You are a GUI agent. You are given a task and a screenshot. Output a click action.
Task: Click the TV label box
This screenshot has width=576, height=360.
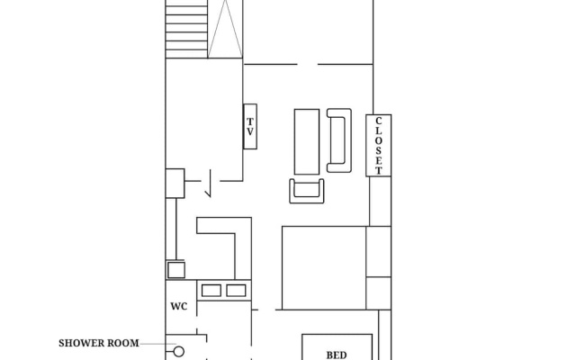point(250,126)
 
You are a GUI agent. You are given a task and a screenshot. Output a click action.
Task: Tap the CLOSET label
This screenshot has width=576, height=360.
point(378,146)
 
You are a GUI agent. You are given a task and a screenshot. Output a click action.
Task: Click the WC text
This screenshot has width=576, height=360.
point(179,306)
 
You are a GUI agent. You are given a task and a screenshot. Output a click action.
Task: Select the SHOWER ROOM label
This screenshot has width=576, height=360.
point(99,343)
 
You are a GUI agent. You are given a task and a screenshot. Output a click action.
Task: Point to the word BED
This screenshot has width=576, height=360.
point(337,355)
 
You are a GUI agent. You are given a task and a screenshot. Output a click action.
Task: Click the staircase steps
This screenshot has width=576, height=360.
point(186,29)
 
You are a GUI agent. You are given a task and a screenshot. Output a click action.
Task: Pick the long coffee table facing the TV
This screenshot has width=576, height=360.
point(307,141)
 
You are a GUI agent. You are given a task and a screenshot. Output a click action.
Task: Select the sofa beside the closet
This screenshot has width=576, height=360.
point(339,140)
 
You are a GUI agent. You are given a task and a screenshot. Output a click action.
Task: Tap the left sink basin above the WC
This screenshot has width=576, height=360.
point(211,291)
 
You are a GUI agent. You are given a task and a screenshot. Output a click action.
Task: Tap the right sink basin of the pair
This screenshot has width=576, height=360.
point(236,291)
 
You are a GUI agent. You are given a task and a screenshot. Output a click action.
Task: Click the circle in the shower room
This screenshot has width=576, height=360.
point(179,352)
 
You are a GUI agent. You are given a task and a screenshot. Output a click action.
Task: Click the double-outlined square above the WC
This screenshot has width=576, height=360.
point(176,270)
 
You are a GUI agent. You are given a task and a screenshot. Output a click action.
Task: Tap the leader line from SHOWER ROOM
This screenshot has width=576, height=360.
point(157,344)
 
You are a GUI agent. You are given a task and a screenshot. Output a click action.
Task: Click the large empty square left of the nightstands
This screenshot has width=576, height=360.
point(324,268)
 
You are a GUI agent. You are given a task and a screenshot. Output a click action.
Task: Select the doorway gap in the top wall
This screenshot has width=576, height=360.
point(307,64)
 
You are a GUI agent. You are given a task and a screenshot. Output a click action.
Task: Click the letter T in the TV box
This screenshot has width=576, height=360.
point(250,121)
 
